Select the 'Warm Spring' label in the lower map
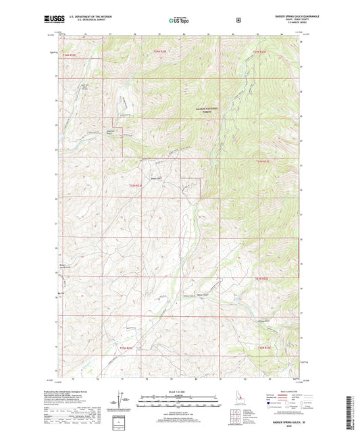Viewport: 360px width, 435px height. click(x=203, y=294)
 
